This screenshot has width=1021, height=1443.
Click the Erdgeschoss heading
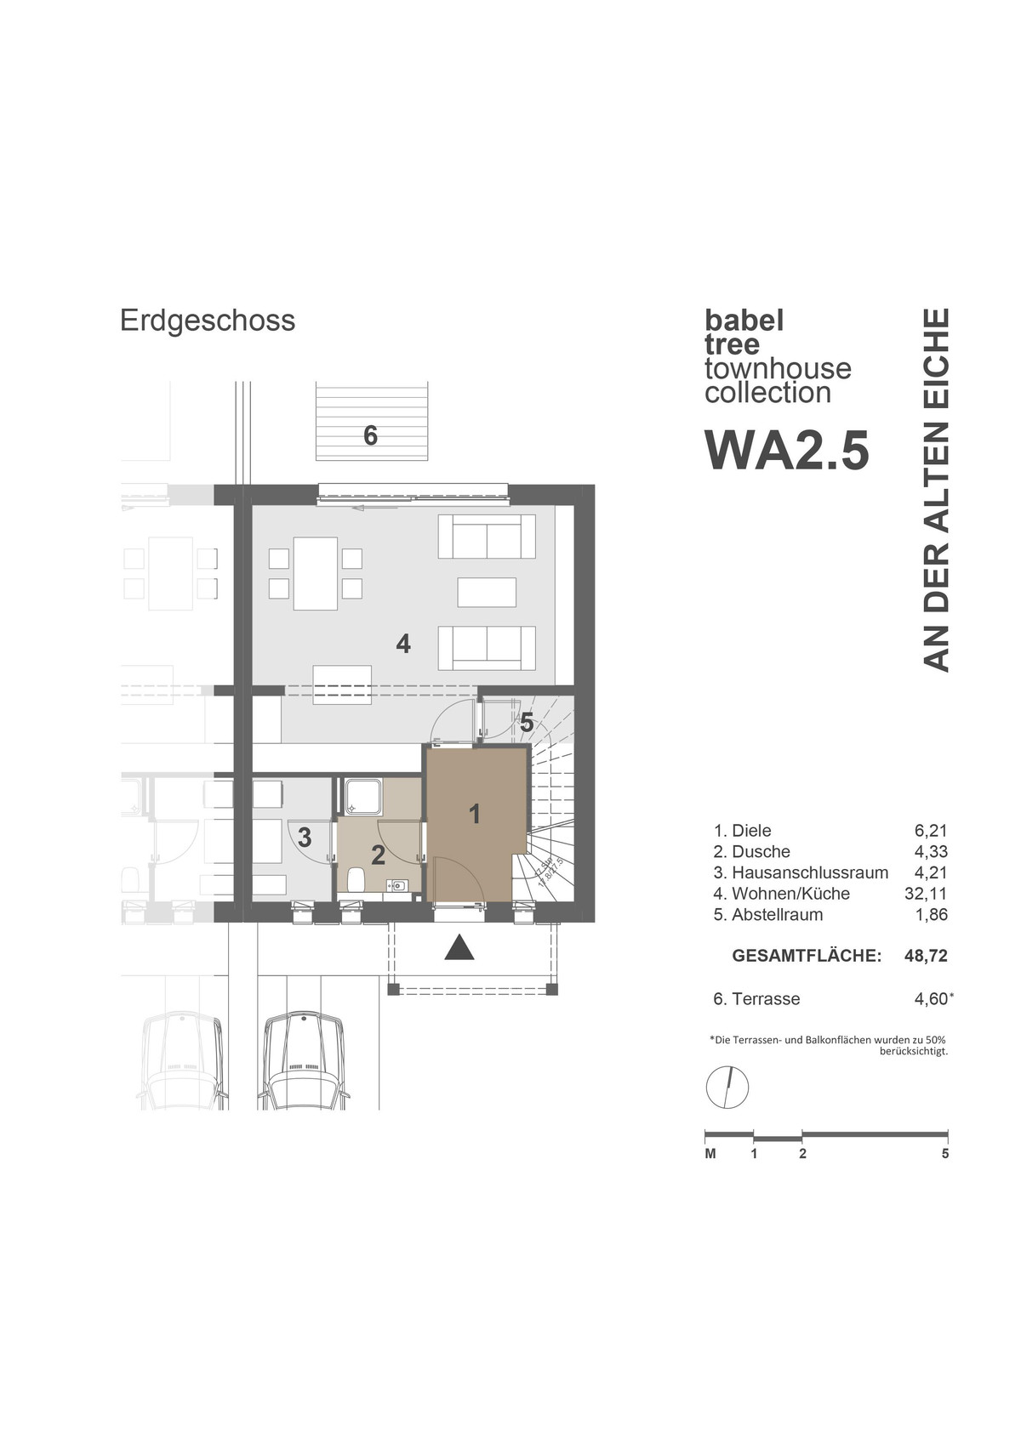[x=208, y=321]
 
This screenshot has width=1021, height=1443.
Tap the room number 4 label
[x=403, y=644]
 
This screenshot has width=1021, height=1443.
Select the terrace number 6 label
[x=370, y=435]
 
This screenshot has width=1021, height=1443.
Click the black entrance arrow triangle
[x=459, y=947]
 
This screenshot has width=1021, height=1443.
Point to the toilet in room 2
[x=356, y=878]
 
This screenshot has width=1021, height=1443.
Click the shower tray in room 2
[x=362, y=797]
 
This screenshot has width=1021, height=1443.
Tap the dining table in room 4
[x=315, y=573]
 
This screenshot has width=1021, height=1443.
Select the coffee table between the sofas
[x=487, y=592]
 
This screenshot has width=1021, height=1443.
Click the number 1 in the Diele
[x=475, y=814]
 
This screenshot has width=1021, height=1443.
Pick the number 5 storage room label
[x=527, y=723]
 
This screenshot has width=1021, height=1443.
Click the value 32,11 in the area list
[x=926, y=894]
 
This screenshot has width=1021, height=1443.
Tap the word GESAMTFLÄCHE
[x=806, y=956]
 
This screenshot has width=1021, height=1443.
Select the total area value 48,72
[x=926, y=956]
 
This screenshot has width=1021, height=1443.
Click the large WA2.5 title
[x=787, y=450]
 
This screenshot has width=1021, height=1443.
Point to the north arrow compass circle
[x=727, y=1087]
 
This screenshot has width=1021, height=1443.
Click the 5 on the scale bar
[x=945, y=1154]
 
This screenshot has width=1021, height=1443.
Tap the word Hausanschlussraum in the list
[x=809, y=872]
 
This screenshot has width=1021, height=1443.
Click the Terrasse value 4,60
[x=931, y=999]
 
